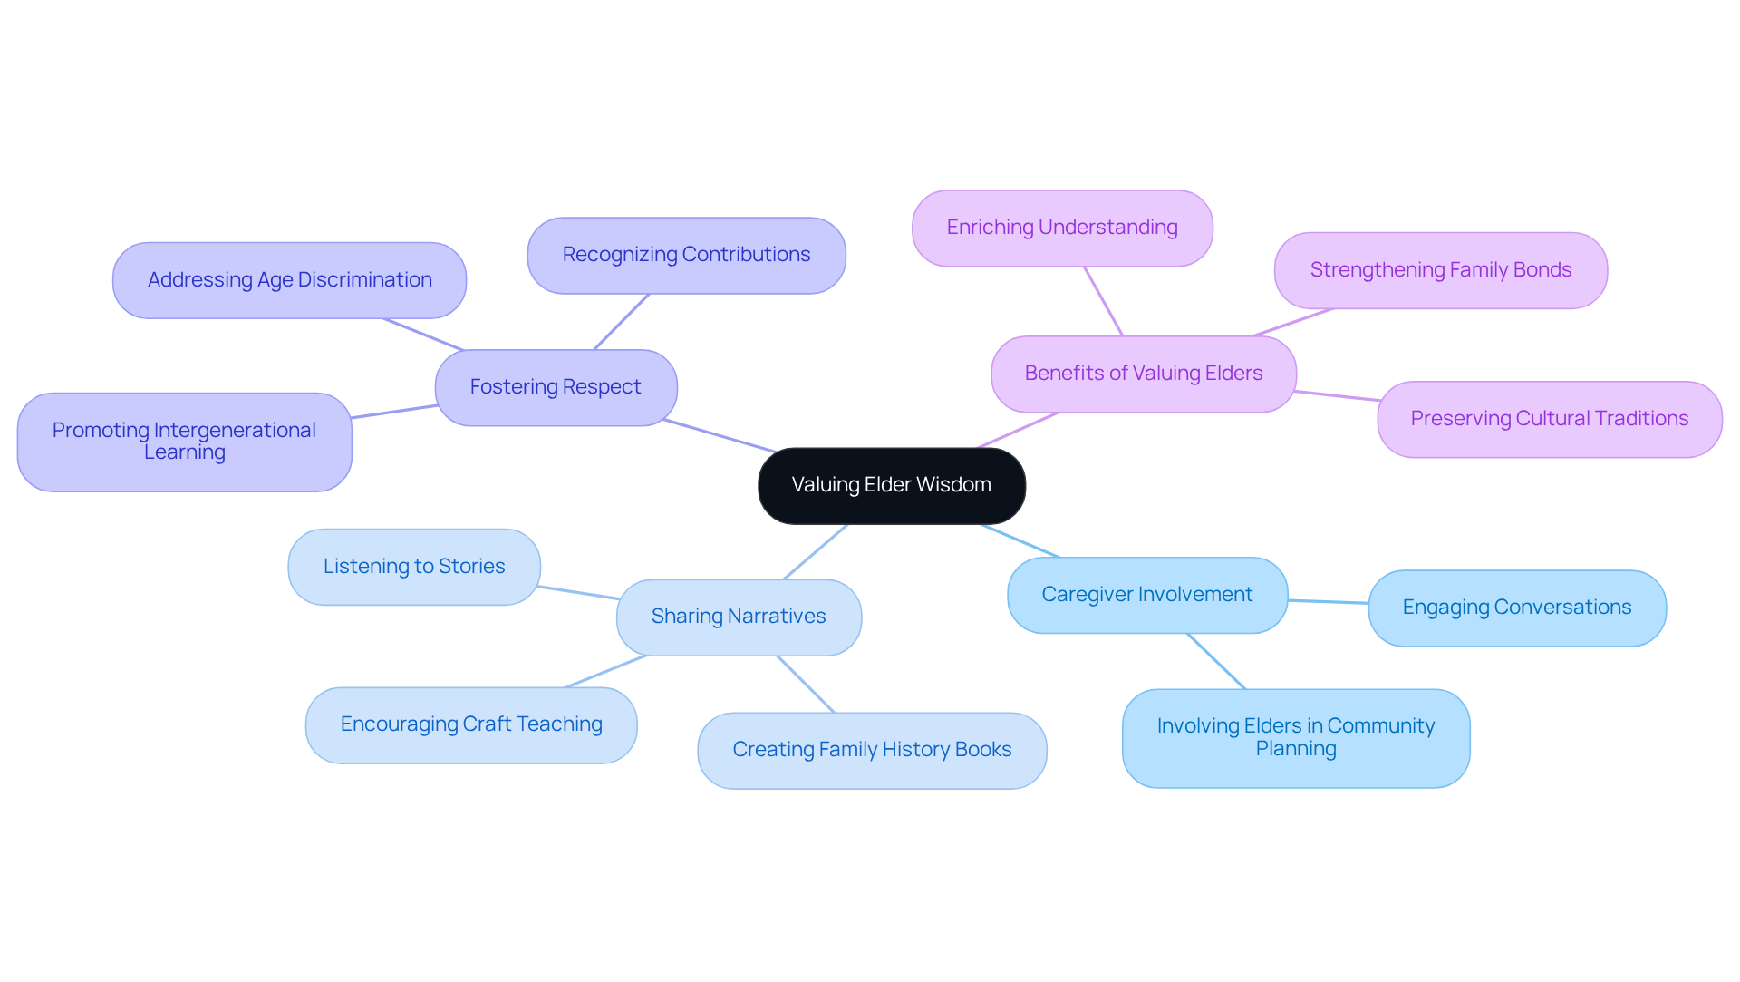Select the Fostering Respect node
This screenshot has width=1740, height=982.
(556, 388)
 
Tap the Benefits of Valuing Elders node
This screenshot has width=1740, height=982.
(1143, 374)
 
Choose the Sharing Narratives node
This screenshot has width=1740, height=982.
(739, 617)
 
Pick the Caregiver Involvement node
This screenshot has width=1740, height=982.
(1146, 596)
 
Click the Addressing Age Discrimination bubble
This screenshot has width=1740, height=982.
(289, 280)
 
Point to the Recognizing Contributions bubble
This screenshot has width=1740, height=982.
(686, 256)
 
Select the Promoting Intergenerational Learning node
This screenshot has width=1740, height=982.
(184, 442)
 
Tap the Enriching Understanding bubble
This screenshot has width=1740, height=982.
(1062, 228)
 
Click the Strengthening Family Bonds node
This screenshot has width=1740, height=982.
(1440, 270)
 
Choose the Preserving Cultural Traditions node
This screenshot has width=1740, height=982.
(1549, 420)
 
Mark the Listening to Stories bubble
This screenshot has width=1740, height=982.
(414, 568)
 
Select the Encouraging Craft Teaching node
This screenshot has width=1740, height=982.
(471, 725)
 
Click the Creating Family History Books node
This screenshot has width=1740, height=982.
(872, 751)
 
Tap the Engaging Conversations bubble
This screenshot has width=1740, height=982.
(1516, 608)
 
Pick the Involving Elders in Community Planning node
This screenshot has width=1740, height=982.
(1295, 738)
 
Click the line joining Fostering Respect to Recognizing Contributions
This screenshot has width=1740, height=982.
(622, 322)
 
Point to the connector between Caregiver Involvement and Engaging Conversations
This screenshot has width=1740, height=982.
(1328, 601)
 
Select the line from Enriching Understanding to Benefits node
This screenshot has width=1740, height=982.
(1104, 302)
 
